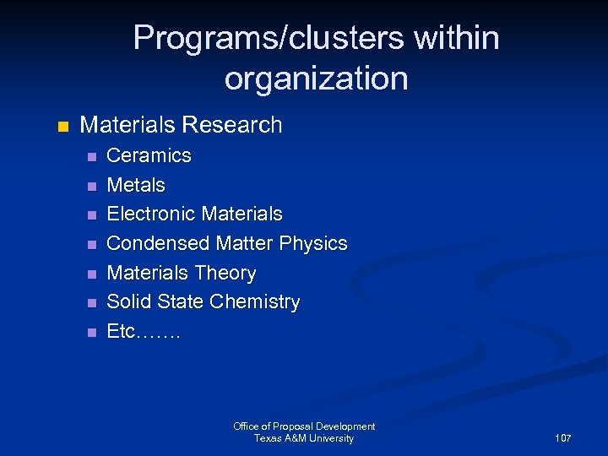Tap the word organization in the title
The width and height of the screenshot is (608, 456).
tap(316, 79)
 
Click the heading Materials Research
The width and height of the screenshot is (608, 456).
tap(181, 125)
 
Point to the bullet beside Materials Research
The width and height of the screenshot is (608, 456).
tap(60, 127)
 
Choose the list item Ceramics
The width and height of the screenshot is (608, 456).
tap(149, 155)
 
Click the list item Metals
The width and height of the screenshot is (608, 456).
tap(136, 185)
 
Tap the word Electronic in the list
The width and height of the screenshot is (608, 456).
tap(149, 214)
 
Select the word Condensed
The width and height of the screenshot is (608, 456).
tap(158, 243)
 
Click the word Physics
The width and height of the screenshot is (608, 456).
tap(313, 243)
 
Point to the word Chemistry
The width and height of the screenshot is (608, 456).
tap(257, 301)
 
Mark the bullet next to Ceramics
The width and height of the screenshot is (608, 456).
tap(92, 157)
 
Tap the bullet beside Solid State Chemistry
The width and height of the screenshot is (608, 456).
tap(92, 303)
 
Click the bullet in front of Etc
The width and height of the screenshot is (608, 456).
tap(92, 333)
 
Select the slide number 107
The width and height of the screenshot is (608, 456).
tap(563, 438)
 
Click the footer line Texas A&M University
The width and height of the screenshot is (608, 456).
tap(304, 438)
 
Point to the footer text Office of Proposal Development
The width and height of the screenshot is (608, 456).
tap(304, 426)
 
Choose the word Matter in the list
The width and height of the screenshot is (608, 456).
tap(245, 243)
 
